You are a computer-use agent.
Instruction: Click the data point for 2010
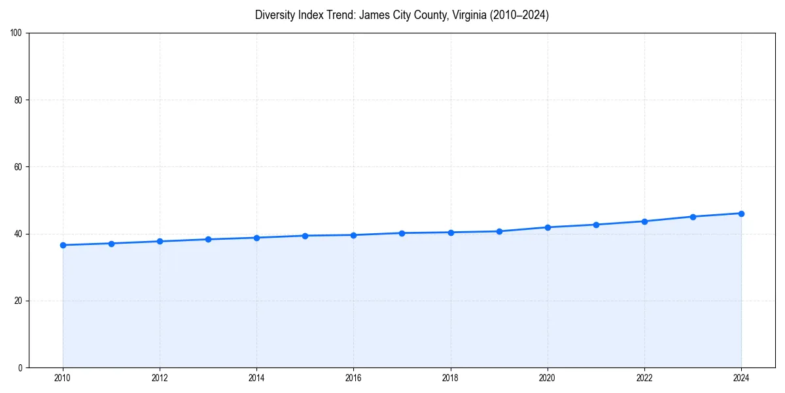(x=63, y=245)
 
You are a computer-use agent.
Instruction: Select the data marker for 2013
(x=208, y=239)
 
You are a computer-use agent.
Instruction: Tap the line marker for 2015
(x=305, y=236)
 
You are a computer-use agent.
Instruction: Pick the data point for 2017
(x=402, y=233)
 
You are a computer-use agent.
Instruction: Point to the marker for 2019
(x=499, y=231)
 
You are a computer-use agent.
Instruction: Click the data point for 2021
(x=596, y=225)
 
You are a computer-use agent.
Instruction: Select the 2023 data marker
(x=693, y=217)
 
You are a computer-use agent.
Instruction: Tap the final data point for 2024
(x=741, y=214)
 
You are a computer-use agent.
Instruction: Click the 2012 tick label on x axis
(x=160, y=378)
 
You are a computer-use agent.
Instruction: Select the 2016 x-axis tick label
(x=353, y=378)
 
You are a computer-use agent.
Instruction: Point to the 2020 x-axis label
(x=548, y=378)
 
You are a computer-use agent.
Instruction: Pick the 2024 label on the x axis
(x=741, y=378)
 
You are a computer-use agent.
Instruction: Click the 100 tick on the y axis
(x=16, y=33)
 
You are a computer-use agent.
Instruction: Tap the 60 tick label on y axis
(x=18, y=167)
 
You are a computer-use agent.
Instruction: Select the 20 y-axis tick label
(x=18, y=301)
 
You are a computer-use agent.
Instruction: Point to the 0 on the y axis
(x=20, y=367)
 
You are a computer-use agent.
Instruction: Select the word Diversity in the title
(x=275, y=15)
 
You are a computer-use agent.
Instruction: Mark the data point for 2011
(x=111, y=244)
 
